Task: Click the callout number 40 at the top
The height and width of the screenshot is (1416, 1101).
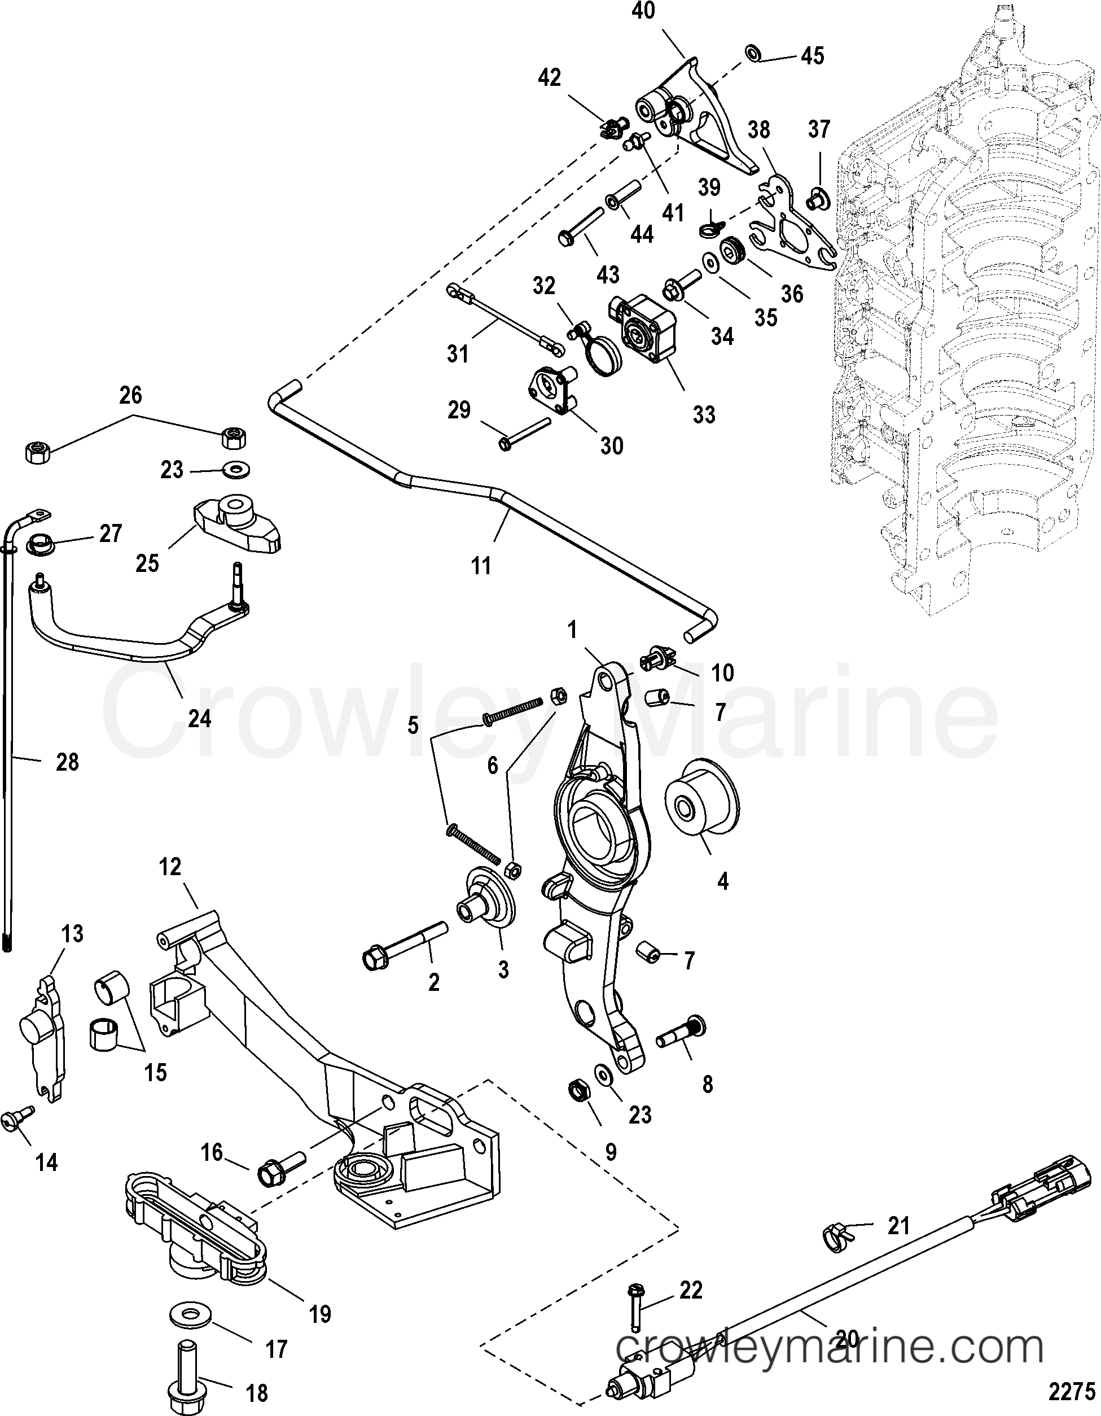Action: pos(643,11)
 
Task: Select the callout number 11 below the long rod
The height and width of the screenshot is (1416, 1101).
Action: pos(481,566)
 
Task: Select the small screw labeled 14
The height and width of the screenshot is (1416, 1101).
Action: pos(17,1118)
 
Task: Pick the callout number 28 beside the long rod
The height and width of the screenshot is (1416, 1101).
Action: pos(67,762)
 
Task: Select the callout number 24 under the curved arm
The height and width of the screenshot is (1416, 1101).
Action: pos(199,718)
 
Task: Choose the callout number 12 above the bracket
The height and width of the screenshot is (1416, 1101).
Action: pos(170,867)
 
